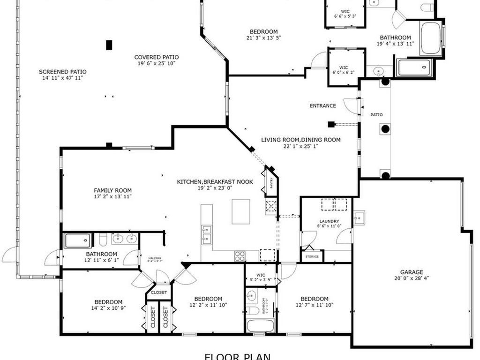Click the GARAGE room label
click(412, 272)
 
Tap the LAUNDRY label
click(329, 221)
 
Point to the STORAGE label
click(312, 256)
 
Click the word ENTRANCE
click(322, 106)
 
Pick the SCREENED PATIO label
click(62, 72)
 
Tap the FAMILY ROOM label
click(112, 190)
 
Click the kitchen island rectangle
click(240, 211)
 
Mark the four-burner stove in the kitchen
click(240, 256)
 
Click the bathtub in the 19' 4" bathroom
click(430, 38)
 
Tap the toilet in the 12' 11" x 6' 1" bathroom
click(102, 240)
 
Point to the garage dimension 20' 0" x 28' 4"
click(412, 278)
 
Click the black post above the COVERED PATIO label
click(109, 45)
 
